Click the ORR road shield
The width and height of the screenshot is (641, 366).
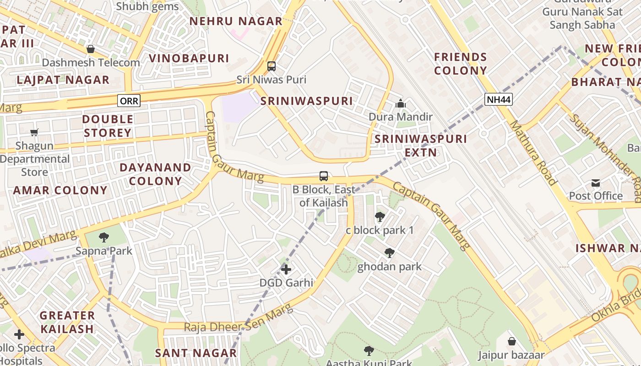pos(128,101)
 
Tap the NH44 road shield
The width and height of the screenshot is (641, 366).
pos(498,99)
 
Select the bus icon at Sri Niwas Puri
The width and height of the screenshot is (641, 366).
pos(272,66)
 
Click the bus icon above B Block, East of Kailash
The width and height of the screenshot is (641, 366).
pos(324,176)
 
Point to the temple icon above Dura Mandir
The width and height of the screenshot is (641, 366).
pos(401,104)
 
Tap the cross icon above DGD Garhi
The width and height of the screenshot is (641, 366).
pos(286,269)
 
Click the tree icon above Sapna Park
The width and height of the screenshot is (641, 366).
pos(104,237)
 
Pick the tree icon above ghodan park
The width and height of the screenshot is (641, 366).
pos(390,253)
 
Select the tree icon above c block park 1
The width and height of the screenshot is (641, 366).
pos(380,217)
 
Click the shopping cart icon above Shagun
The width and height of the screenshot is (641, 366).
pos(34,133)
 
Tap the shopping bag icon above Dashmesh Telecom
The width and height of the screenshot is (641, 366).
pos(91,49)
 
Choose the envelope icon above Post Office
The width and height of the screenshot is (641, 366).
pos(596,183)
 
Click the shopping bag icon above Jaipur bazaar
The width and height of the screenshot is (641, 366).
pos(512,341)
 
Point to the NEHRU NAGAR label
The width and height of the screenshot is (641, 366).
pos(236,21)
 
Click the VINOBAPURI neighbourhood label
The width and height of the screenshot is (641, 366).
pos(189,58)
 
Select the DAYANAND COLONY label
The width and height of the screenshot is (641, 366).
pos(155,174)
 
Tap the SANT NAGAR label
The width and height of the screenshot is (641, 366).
pos(196,353)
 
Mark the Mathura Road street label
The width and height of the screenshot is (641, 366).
pos(533,152)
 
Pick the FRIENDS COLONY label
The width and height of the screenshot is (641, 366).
pos(460,64)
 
